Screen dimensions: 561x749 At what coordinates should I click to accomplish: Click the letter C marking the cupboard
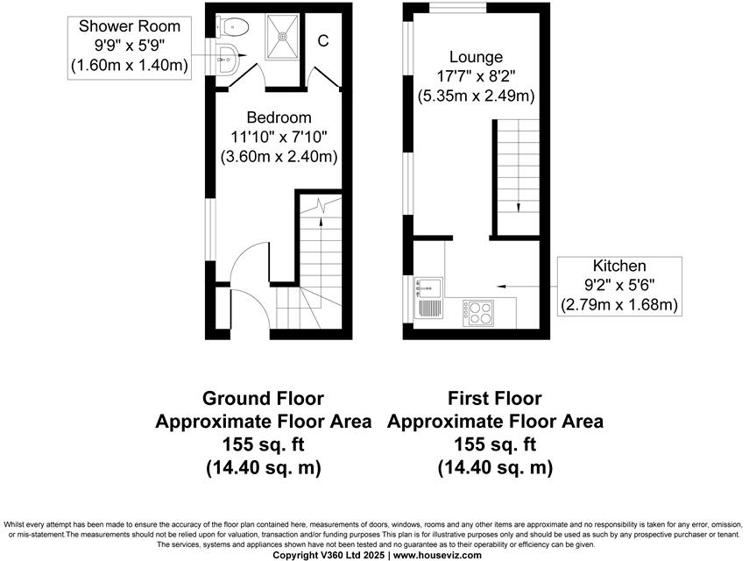pyautogui.click(x=322, y=40)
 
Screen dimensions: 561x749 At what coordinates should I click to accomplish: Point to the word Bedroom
pyautogui.click(x=279, y=117)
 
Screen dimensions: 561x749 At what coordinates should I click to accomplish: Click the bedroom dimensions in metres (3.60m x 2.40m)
pyautogui.click(x=279, y=157)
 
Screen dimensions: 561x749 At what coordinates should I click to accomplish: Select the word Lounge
pyautogui.click(x=477, y=57)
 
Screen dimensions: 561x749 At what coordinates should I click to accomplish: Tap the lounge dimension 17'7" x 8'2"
pyautogui.click(x=477, y=76)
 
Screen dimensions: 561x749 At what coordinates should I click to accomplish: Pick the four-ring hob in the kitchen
pyautogui.click(x=480, y=311)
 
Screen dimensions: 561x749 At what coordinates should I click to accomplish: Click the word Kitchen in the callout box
pyautogui.click(x=619, y=266)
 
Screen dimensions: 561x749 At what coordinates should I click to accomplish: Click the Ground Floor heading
pyautogui.click(x=263, y=399)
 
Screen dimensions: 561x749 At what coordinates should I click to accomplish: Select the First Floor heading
pyautogui.click(x=495, y=399)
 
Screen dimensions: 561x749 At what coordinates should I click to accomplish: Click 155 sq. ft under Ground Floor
pyautogui.click(x=263, y=444)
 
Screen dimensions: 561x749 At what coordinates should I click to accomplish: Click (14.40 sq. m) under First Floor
pyautogui.click(x=495, y=467)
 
